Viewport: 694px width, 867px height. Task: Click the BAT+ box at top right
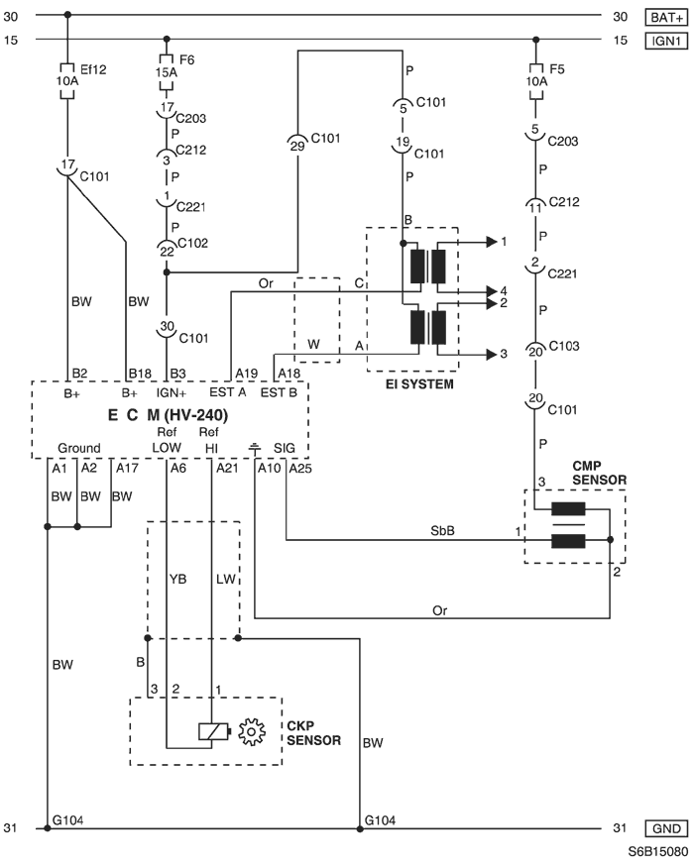(x=666, y=18)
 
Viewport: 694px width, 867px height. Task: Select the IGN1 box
(x=666, y=41)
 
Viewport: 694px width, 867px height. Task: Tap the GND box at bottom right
(x=666, y=828)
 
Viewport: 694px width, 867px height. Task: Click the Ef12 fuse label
(x=93, y=69)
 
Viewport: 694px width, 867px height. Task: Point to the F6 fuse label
(x=186, y=59)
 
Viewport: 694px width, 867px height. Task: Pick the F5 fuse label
(x=557, y=69)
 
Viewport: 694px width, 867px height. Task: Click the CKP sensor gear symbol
(x=251, y=731)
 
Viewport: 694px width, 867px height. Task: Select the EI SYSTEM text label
(x=419, y=384)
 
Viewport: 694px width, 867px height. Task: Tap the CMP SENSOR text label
(x=600, y=473)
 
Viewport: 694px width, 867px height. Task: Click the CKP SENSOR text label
(x=313, y=733)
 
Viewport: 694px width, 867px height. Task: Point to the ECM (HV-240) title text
(x=168, y=415)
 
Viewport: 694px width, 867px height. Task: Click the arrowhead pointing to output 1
(x=492, y=242)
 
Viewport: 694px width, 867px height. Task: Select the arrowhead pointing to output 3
(x=492, y=355)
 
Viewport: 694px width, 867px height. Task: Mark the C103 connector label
(x=564, y=346)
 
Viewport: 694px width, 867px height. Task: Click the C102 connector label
(x=192, y=243)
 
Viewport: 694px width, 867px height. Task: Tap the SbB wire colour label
(x=442, y=531)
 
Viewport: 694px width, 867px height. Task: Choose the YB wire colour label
(x=177, y=579)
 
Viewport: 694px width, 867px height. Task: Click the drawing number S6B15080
(x=657, y=851)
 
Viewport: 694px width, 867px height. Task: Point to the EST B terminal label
(x=279, y=392)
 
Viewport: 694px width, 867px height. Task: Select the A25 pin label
(x=300, y=469)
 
